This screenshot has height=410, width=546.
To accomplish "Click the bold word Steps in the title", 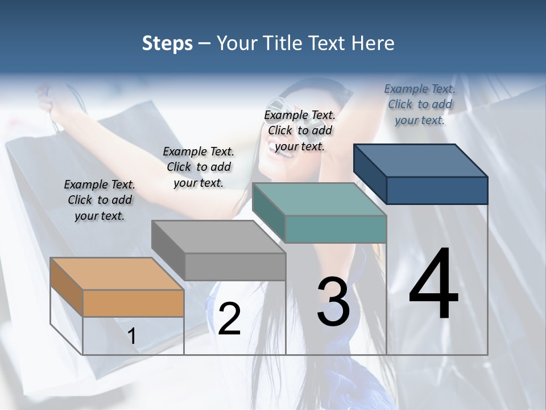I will (x=167, y=43).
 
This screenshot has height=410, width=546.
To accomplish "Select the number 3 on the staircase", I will (x=333, y=302).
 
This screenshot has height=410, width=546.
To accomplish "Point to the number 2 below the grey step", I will (x=229, y=319).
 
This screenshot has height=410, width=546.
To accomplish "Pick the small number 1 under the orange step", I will (x=132, y=336).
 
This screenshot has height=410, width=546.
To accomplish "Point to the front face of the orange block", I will (x=133, y=303).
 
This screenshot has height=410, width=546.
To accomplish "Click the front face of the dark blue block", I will (x=437, y=190).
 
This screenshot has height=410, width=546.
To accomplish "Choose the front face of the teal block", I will (x=336, y=229).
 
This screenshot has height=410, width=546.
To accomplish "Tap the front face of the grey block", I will (x=235, y=266).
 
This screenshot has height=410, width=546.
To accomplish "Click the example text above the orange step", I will (x=100, y=200).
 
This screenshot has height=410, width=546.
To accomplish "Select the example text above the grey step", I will (x=198, y=167).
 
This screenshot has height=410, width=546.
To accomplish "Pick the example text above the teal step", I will (x=300, y=130).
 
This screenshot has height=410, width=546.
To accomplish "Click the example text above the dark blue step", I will (x=420, y=104).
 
